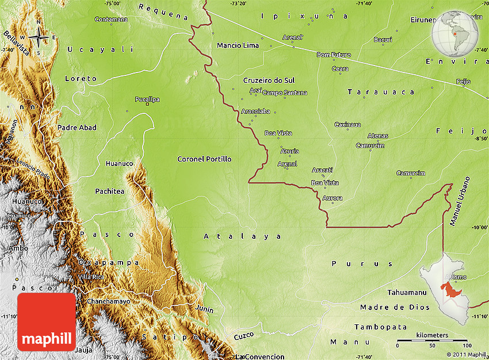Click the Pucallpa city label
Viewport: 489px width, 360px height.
coord(147,99)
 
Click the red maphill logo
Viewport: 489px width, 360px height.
coord(47,322)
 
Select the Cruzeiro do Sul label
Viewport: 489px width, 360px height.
coord(269,81)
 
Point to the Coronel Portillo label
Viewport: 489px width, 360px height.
coord(204,159)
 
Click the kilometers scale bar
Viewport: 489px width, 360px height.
coord(431,341)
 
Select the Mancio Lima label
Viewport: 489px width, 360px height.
coord(238,45)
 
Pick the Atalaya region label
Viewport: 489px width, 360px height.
coord(243,236)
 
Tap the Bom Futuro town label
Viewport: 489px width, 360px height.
coord(334,55)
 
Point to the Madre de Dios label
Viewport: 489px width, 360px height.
coord(395,307)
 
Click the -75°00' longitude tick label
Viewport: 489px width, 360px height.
coord(112,3)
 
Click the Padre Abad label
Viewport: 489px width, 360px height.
coord(77,128)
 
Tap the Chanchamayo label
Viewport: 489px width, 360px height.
coord(109,301)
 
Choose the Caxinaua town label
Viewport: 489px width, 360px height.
coord(347,124)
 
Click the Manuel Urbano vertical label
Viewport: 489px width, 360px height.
coord(458,202)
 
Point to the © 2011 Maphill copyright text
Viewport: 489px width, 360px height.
coord(466,354)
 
